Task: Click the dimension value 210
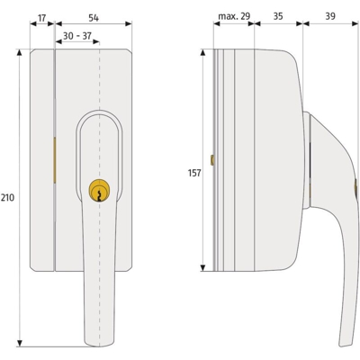pyautogui.click(x=9, y=197)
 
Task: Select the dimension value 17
pyautogui.click(x=42, y=17)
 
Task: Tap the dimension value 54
pyautogui.click(x=94, y=17)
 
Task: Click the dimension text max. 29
pyautogui.click(x=234, y=17)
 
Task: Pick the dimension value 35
pyautogui.click(x=278, y=17)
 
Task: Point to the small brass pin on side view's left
pyautogui.click(x=211, y=161)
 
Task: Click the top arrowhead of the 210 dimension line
pyautogui.click(x=19, y=54)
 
